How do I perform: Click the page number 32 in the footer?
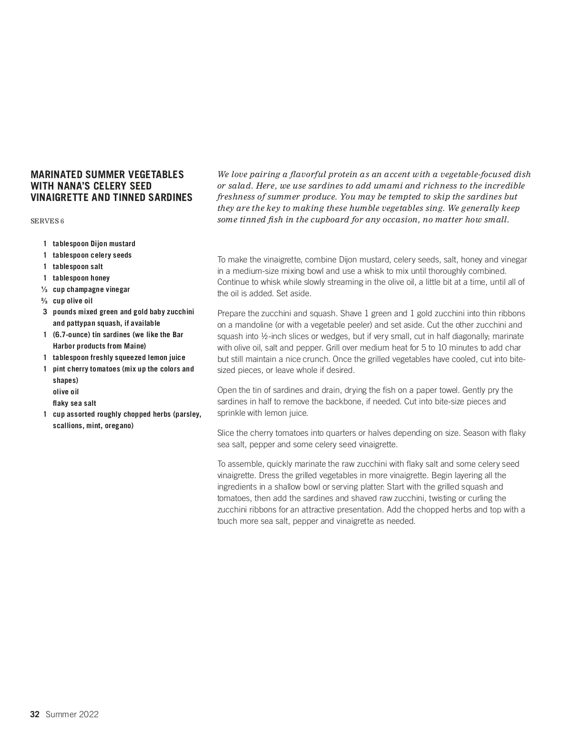pos(34,714)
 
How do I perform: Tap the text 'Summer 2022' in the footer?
pos(72,714)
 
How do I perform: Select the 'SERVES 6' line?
pos(47,221)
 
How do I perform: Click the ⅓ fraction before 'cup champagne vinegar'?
pos(44,290)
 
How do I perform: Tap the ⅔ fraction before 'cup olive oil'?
pos(44,301)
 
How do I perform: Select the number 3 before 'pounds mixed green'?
pos(45,312)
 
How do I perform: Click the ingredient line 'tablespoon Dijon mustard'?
pos(94,244)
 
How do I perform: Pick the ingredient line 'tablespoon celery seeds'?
pos(92,255)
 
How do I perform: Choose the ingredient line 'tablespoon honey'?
pos(81,278)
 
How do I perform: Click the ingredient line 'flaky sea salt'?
pos(74,403)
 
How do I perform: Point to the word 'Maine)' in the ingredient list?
pos(136,346)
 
